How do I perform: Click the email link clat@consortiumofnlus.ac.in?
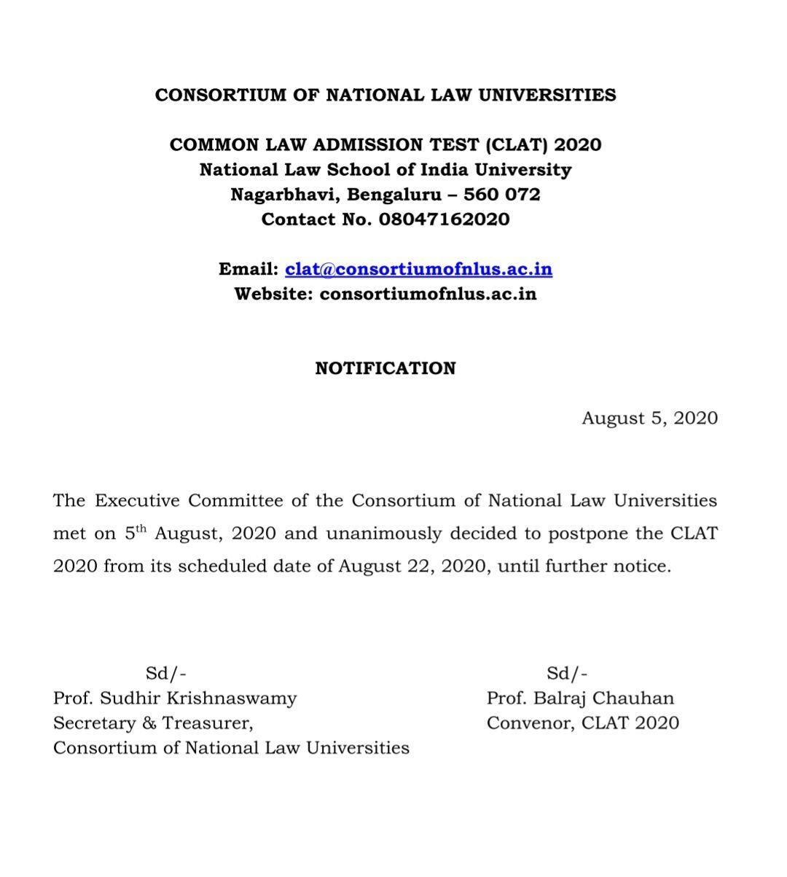[x=418, y=269]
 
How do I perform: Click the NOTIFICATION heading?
[x=385, y=368]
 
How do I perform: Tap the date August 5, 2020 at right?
[x=649, y=418]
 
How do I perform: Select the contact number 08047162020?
[x=444, y=219]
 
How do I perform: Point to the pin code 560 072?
[x=502, y=195]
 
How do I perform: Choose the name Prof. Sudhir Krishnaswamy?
[x=175, y=698]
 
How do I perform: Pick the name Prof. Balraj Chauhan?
[x=580, y=698]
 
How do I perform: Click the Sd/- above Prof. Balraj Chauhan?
[x=568, y=674]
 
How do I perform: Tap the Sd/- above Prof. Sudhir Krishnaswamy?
[x=166, y=674]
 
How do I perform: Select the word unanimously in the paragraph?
[x=383, y=534]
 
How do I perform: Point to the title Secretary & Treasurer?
[x=153, y=723]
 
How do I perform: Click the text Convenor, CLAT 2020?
[x=583, y=723]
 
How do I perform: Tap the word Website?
[x=273, y=294]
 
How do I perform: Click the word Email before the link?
[x=248, y=269]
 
